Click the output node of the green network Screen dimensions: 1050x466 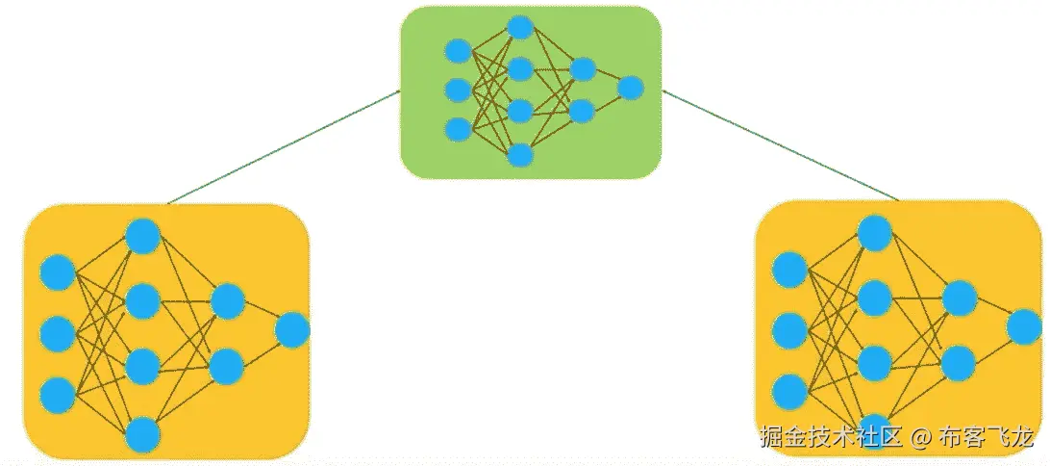coord(630,88)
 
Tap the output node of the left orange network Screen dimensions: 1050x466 coord(292,330)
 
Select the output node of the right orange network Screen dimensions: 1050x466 coord(1024,327)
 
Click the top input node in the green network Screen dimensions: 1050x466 coord(458,50)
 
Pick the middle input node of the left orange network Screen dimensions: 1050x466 coord(58,333)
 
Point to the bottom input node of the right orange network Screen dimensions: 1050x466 coord(789,391)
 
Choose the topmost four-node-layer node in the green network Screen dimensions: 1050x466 coord(520,27)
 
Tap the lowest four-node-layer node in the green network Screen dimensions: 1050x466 coord(520,154)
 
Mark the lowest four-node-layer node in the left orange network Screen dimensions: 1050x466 coord(143,435)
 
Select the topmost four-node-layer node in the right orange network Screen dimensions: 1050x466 coord(875,232)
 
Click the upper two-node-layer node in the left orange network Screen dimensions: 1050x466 coord(227,301)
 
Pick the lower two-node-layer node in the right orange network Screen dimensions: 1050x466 coord(959,362)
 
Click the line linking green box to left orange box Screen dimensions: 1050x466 coord(284,147)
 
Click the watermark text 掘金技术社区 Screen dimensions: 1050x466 coord(829,438)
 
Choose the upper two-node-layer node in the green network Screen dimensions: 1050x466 coord(582,69)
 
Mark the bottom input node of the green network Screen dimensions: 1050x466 coord(458,129)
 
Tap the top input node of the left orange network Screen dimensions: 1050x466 coord(58,273)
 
